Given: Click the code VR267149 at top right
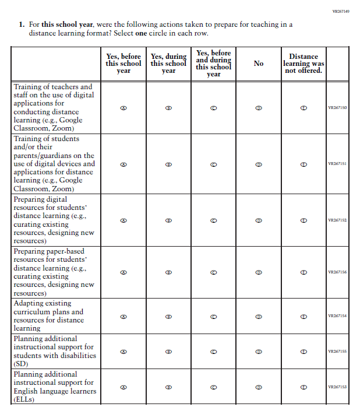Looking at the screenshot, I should [x=340, y=11].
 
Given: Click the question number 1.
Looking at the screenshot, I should [x=22, y=24].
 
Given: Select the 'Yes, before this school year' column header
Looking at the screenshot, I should [x=123, y=64].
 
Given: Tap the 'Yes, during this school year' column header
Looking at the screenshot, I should [x=168, y=64].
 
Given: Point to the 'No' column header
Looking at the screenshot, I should [x=259, y=64].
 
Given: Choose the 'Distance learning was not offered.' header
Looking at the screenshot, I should [x=303, y=64].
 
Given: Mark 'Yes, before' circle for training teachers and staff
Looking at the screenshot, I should [x=123, y=108].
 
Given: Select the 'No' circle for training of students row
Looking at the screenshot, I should [x=259, y=164].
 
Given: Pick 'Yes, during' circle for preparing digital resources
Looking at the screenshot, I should [x=168, y=220].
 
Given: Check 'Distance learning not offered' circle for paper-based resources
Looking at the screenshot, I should [x=303, y=272].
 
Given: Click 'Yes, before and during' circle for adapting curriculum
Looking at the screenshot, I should [x=214, y=317].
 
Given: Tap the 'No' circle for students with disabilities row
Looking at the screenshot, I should [x=259, y=352].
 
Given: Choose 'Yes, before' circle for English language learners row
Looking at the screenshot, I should [x=123, y=387].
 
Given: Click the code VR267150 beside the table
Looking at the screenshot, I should [x=337, y=108].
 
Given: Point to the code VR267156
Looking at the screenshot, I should [x=337, y=272].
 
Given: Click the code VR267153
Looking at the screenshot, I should [x=337, y=387].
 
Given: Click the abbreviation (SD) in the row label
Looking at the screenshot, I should [x=22, y=364].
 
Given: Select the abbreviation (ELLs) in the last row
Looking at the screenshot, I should [x=24, y=399].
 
